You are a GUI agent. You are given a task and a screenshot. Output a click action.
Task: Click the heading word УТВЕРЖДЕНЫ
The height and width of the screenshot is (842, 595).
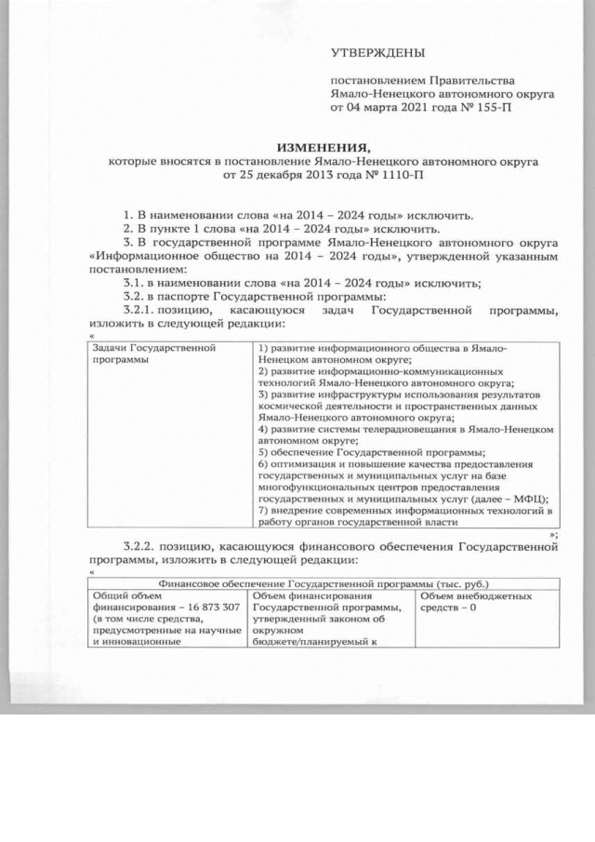pyautogui.click(x=372, y=55)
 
